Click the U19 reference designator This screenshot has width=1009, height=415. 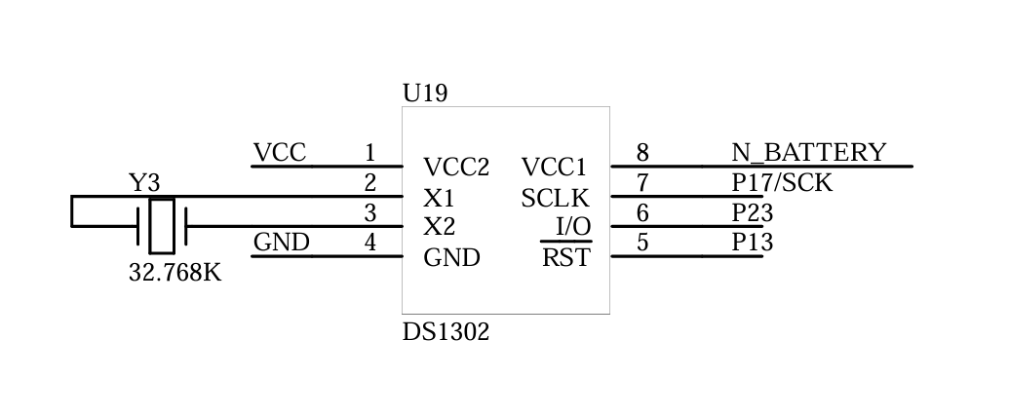point(425,94)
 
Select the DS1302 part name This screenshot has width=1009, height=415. point(446,332)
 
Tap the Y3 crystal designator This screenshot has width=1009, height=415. point(144,183)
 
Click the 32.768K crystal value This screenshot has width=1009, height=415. point(175,272)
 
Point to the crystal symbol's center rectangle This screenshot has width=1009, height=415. point(162,226)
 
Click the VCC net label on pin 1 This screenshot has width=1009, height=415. point(280,153)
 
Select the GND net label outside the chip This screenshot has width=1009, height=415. point(281,242)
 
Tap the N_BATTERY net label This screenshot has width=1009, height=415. point(809,153)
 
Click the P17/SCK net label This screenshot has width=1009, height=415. point(782,183)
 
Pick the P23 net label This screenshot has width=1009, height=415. point(753,212)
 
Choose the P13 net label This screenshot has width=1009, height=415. point(753,242)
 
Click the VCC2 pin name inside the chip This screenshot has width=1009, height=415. point(456,168)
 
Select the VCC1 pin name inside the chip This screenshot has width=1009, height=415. point(554,168)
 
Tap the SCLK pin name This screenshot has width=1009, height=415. point(556,198)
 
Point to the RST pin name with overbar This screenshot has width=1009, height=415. point(565,256)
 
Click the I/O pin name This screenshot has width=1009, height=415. point(573,226)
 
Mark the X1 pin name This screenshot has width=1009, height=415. point(439,198)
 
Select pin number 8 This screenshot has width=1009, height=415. point(642,153)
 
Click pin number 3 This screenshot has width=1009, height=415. point(370,212)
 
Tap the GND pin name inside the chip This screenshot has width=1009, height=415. point(451,257)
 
